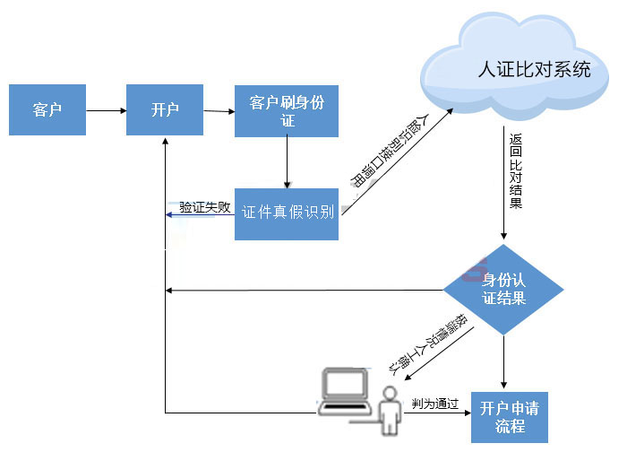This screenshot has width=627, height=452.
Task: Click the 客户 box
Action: pyautogui.click(x=47, y=110)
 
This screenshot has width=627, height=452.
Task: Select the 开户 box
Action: pyautogui.click(x=165, y=110)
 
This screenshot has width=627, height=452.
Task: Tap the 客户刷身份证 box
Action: pyautogui.click(x=287, y=111)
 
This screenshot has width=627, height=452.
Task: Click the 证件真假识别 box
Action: pyautogui.click(x=287, y=213)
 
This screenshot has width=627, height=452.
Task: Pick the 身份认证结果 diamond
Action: pyautogui.click(x=503, y=289)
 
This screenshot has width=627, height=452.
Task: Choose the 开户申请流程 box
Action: pyautogui.click(x=509, y=417)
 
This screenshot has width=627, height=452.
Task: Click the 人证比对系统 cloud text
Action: pyautogui.click(x=535, y=70)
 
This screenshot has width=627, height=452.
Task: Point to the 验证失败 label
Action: pyautogui.click(x=204, y=207)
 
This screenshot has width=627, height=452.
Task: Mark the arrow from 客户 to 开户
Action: pyautogui.click(x=106, y=111)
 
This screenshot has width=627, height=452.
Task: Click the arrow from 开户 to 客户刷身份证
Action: pyautogui.click(x=219, y=111)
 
